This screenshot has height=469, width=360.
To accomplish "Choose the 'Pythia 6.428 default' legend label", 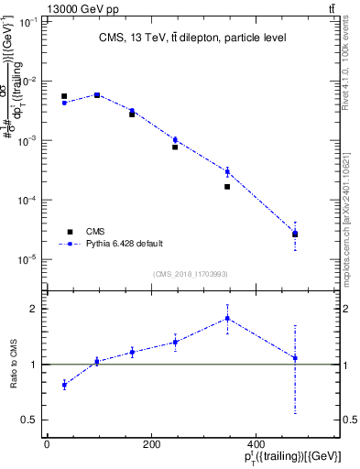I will point(125,244).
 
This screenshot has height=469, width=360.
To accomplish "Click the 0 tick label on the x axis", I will point(47,443).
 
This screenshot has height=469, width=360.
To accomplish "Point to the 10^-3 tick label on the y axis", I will point(27,140).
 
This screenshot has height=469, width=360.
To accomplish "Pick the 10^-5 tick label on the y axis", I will point(27,259).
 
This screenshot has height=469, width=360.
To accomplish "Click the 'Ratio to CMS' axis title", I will point(13,364).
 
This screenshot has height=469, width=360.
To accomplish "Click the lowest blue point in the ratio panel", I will point(64,385).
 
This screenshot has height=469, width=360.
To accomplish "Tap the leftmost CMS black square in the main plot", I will point(64,96).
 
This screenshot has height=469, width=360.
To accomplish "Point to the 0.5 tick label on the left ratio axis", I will point(28,420).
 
